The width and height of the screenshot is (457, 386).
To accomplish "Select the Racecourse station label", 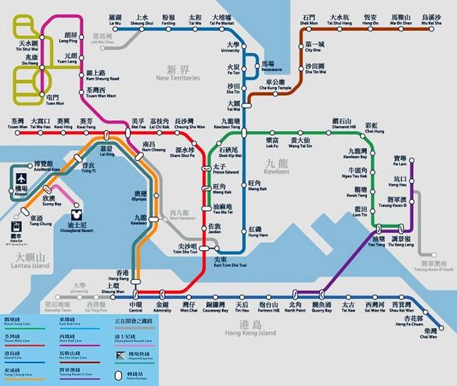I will pos(268,67).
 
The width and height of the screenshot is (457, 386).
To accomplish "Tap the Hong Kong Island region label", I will pos(251,330).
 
